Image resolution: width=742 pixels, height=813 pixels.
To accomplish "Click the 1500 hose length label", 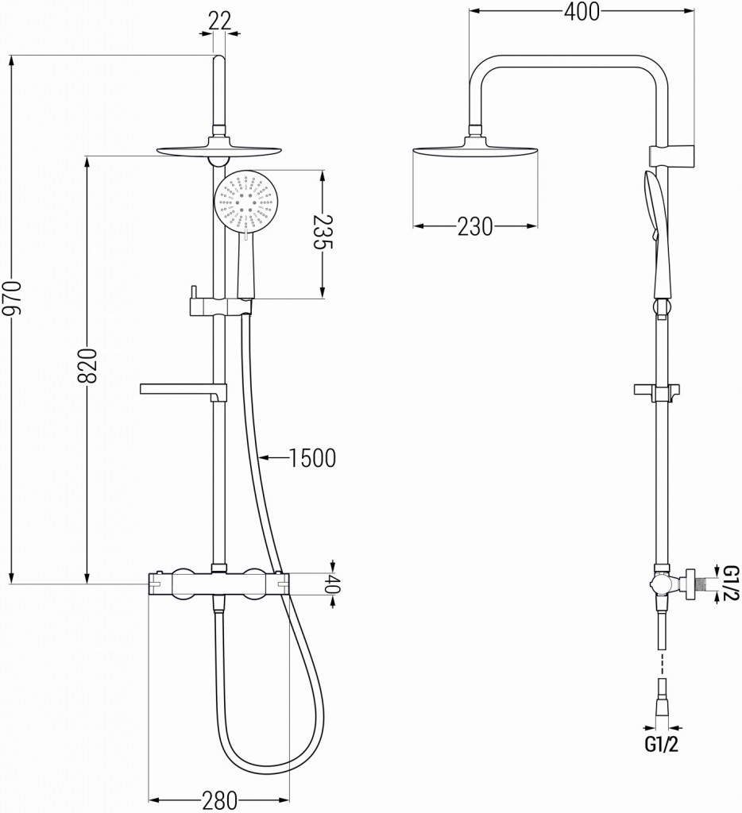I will (x=312, y=457).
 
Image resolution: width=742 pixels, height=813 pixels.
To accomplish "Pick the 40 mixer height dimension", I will (x=334, y=589).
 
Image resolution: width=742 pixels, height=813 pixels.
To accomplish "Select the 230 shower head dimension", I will (x=475, y=226).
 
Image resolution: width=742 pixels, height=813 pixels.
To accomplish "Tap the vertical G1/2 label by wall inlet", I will (x=730, y=582).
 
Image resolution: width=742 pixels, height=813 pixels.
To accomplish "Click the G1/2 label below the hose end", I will (x=662, y=744).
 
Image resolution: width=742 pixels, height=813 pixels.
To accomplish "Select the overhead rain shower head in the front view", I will (x=220, y=149).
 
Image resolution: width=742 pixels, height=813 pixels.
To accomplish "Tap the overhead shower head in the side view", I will (x=477, y=149).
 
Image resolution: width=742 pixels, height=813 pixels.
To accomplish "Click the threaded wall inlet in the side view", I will (x=699, y=582).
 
